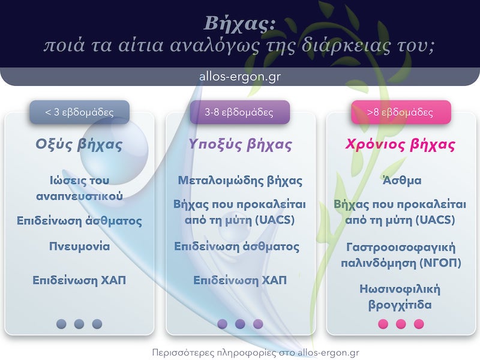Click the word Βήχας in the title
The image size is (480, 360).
click(x=239, y=23)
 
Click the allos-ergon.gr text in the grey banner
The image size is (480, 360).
click(x=240, y=77)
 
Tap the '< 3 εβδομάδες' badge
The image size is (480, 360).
click(x=79, y=112)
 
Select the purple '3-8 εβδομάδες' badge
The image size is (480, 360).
click(x=239, y=112)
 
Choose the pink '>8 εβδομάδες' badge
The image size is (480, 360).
click(x=400, y=112)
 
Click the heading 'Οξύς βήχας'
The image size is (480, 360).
click(x=79, y=145)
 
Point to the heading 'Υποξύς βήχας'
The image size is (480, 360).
click(x=240, y=145)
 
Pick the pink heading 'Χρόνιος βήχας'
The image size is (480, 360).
click(x=400, y=145)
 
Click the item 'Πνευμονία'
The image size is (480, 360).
click(x=79, y=246)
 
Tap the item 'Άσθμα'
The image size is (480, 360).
click(x=401, y=180)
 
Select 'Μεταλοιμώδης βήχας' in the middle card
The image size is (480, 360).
click(x=240, y=180)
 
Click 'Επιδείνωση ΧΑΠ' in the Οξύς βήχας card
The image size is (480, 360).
click(x=79, y=280)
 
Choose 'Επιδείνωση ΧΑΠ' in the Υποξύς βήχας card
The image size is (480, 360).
click(x=240, y=280)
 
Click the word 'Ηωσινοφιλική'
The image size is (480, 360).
click(x=400, y=289)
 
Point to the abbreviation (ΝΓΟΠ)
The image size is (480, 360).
click(x=435, y=262)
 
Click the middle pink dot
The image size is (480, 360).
click(x=401, y=324)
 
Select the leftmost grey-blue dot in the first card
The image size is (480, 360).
click(x=61, y=324)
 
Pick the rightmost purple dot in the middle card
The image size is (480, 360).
click(x=258, y=324)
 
